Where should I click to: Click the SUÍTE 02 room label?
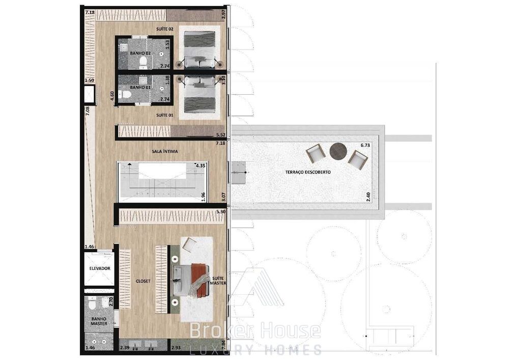pos(164,29)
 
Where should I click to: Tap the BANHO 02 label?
pos(140,53)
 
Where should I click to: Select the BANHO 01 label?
pos(140,87)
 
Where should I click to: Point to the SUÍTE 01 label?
pos(164,115)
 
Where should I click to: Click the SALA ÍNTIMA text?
pos(164,151)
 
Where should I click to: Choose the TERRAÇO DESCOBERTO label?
pos(308,172)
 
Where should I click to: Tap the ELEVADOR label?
pos(100,268)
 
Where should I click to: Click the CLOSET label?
pos(143,281)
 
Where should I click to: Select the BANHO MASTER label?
pos(99,321)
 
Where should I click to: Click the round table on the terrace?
pos(338,151)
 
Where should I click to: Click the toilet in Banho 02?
pos(143,61)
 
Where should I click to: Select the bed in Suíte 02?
pos(200,49)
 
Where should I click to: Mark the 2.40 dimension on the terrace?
pos(368,197)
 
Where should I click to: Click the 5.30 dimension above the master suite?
pos(221,212)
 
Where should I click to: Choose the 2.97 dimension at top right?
pos(223,15)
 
